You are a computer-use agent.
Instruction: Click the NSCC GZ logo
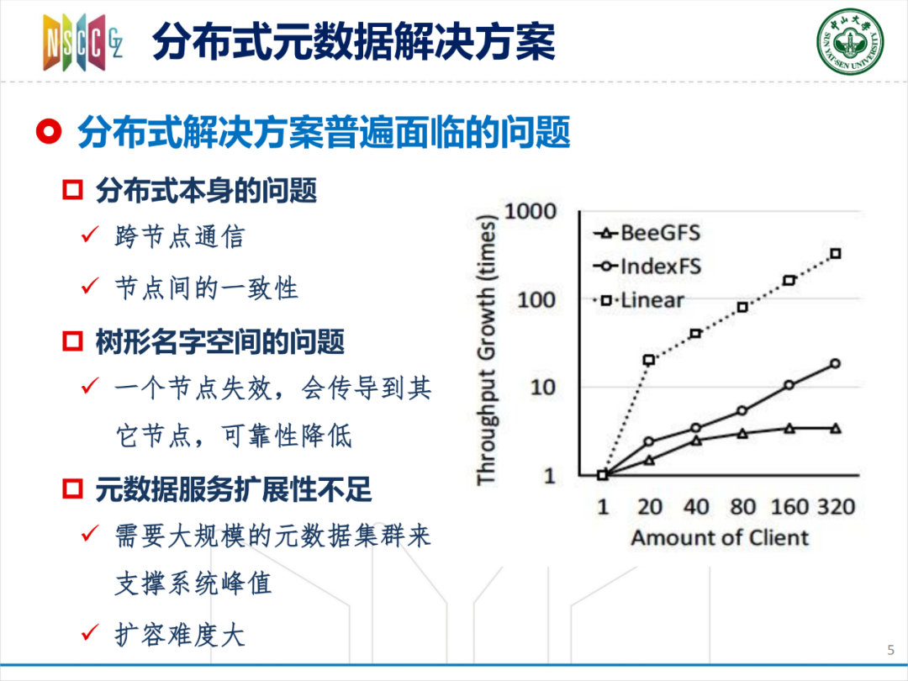pos(82,42)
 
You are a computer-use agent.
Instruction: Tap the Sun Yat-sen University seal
pos(850,41)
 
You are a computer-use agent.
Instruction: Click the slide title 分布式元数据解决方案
pos(353,42)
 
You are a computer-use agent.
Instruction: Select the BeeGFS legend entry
pos(647,234)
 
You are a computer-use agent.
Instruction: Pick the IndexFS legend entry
pos(647,267)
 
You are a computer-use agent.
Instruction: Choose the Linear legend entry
pos(639,300)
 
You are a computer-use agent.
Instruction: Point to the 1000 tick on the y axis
pos(531,211)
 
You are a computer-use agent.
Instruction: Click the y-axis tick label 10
pos(542,387)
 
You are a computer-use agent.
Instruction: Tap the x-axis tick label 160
pos(789,507)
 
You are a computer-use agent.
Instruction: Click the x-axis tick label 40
pos(696,507)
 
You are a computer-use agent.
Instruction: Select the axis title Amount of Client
pos(720,538)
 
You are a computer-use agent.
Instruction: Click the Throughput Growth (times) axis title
pos(487,350)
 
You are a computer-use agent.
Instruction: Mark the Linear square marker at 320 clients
pos(836,254)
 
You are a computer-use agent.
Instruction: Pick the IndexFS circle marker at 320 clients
pos(836,364)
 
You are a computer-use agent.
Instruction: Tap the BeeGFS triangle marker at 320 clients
pos(836,429)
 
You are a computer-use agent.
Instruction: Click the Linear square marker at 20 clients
pos(649,360)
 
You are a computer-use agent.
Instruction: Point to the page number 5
pos(890,650)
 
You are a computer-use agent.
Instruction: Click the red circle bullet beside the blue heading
pos(49,132)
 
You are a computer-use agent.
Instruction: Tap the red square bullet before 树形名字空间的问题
pos(72,341)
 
